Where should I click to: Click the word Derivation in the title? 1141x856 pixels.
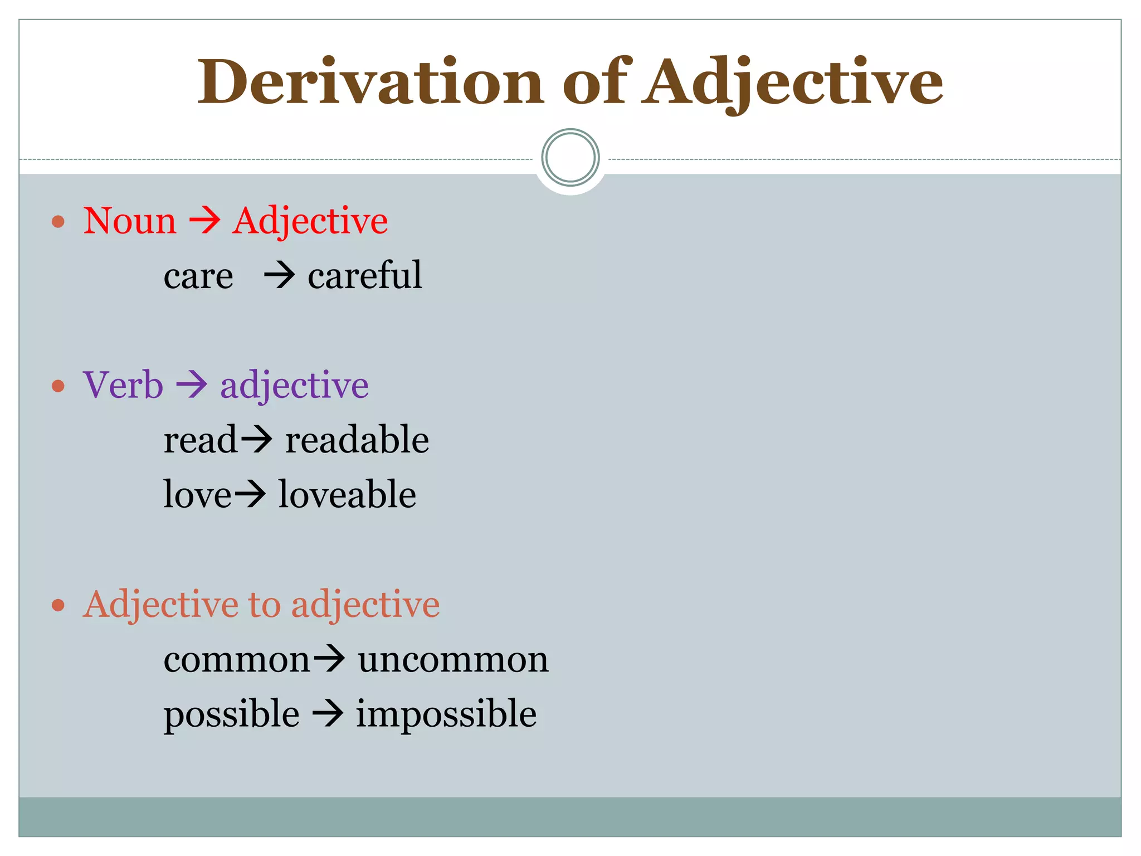[370, 82]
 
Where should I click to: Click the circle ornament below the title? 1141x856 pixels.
[570, 158]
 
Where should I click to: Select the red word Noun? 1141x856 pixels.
[130, 221]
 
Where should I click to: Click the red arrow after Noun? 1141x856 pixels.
[204, 221]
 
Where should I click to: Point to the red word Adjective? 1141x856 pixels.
[310, 222]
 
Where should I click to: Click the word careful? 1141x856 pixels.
[365, 275]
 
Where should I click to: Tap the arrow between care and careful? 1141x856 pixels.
[279, 275]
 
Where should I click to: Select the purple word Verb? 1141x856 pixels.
[123, 385]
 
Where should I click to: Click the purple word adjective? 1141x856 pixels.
[295, 386]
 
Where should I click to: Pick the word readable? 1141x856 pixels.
[357, 440]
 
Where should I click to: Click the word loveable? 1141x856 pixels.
[347, 494]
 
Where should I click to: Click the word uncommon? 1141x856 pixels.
[453, 660]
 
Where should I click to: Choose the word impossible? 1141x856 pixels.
[446, 714]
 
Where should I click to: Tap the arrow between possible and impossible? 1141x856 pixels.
[328, 714]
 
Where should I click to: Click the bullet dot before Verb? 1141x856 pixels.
[58, 386]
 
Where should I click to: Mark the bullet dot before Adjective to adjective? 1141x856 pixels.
[58, 605]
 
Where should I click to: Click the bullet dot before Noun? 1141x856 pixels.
[58, 222]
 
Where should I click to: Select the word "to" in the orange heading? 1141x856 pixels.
[264, 605]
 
